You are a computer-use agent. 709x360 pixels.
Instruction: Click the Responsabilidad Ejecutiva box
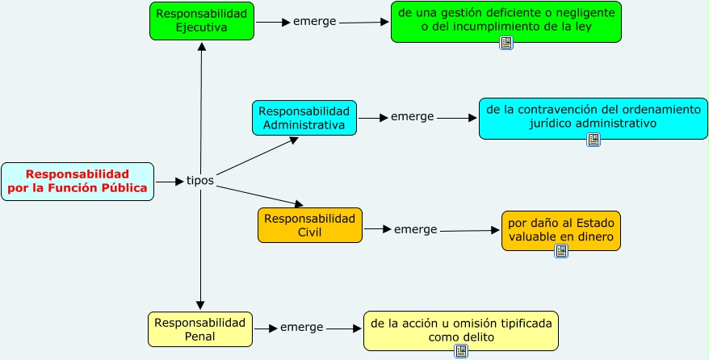[x=202, y=21]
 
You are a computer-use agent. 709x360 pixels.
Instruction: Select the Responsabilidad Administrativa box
[x=304, y=118]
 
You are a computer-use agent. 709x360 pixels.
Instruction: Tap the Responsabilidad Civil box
[x=310, y=225]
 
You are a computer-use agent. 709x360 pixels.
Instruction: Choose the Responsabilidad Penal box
[x=200, y=329]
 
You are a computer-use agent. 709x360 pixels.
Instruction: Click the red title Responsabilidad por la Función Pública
[x=78, y=182]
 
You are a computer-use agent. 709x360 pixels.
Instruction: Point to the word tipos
[x=200, y=180]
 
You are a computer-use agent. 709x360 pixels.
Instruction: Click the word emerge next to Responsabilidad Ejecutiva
[x=315, y=21]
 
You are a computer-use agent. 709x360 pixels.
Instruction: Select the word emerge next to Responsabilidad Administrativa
[x=413, y=116]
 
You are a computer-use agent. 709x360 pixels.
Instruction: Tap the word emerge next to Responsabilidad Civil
[x=415, y=229]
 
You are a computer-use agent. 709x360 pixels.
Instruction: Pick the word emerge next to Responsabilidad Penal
[x=301, y=327]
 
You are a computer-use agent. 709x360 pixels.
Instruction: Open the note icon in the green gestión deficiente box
[x=506, y=43]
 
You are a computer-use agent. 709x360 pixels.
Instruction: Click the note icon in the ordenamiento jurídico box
[x=594, y=140]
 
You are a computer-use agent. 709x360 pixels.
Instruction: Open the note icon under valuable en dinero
[x=561, y=251]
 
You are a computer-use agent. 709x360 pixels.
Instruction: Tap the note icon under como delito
[x=461, y=350]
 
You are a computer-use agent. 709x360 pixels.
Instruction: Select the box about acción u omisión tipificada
[x=460, y=329]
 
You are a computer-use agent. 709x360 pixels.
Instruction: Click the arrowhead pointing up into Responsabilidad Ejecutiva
[x=202, y=47]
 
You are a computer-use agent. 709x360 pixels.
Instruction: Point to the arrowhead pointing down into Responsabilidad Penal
[x=200, y=305]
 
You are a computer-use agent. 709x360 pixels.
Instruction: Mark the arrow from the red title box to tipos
[x=169, y=182]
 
